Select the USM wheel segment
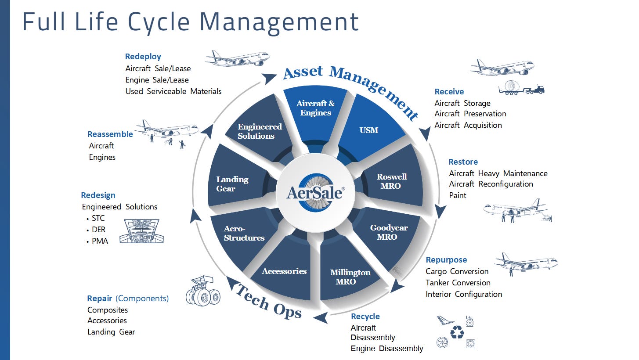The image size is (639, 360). click(x=369, y=130)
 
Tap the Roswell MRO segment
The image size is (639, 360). click(x=391, y=181)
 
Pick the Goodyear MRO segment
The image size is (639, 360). click(x=389, y=232)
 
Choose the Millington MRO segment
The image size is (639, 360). click(x=350, y=277)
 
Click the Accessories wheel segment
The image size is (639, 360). click(x=284, y=271)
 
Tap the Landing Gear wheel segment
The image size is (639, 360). click(x=232, y=184)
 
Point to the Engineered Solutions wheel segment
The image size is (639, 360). click(x=259, y=131)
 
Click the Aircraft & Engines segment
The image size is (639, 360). click(x=315, y=108)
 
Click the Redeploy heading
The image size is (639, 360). click(x=143, y=57)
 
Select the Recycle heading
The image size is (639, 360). click(x=365, y=317)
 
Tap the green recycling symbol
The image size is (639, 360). click(x=457, y=332)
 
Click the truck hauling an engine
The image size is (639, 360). click(x=521, y=88)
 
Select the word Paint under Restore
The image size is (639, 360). click(x=458, y=195)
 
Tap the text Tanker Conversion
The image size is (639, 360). click(x=458, y=283)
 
